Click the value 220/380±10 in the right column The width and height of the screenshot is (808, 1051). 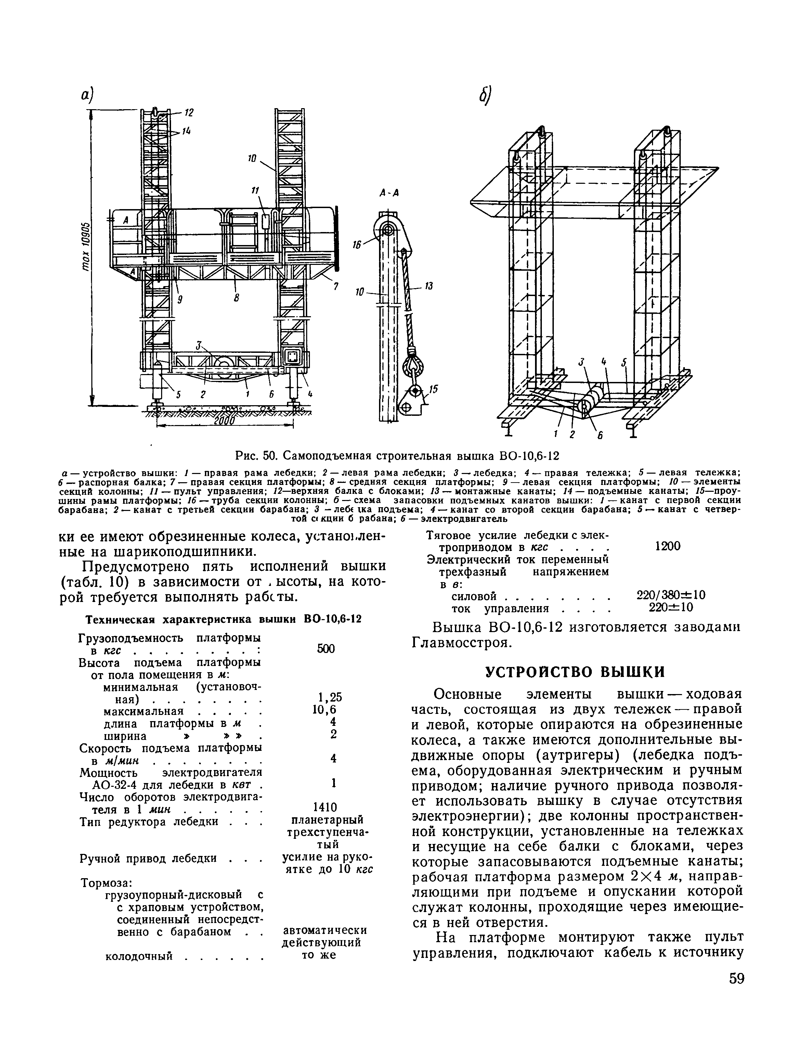(x=670, y=595)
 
